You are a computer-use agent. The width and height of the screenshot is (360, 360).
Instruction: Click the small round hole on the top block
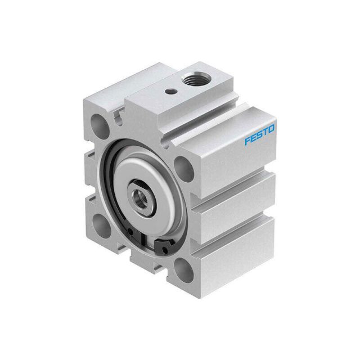coord(171,91)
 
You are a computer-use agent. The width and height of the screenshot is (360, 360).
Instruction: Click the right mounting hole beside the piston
coord(183,170)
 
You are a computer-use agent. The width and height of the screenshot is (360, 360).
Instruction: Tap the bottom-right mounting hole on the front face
coord(184,270)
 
